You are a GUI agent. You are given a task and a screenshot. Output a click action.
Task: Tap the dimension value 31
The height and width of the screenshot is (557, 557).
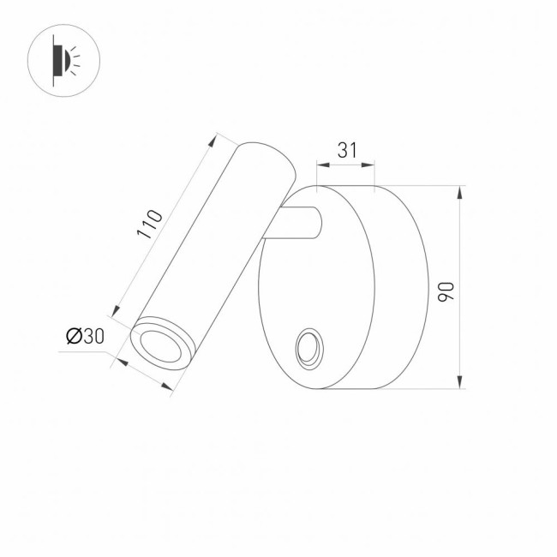coord(346,150)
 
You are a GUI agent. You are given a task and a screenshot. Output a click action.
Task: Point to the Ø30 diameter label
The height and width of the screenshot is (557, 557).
coord(85,337)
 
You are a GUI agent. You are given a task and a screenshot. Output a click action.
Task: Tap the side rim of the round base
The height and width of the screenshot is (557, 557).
coord(401,287)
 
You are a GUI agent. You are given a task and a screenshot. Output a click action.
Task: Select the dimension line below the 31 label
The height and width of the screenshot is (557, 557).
coord(346,166)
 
